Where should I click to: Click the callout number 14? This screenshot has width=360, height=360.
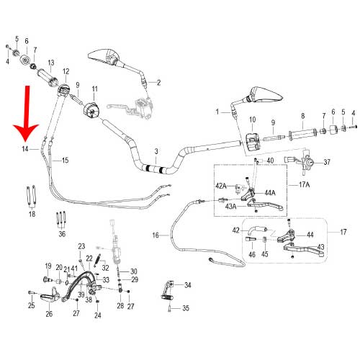(x=25, y=149)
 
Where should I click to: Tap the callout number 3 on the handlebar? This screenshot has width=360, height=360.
(x=156, y=151)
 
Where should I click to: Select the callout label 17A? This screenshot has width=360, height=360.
(x=304, y=184)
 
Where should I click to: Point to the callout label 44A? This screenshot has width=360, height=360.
(x=270, y=193)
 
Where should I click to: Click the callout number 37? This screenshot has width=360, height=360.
(x=327, y=162)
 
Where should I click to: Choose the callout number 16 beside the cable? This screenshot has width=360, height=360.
(x=156, y=235)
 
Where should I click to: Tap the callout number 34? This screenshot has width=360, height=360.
(x=187, y=285)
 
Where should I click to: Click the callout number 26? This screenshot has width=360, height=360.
(x=49, y=314)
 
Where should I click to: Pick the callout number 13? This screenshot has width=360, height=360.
(x=51, y=63)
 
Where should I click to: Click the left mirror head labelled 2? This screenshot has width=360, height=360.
(x=104, y=57)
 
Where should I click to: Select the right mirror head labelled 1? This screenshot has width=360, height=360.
(x=266, y=94)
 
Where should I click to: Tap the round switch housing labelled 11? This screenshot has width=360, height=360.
(x=91, y=110)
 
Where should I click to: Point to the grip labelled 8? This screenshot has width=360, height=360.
(x=302, y=135)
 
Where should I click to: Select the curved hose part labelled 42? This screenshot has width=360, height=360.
(x=258, y=230)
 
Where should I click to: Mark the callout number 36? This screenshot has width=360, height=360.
(x=62, y=234)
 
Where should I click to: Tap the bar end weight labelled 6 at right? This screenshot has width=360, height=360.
(x=333, y=130)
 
